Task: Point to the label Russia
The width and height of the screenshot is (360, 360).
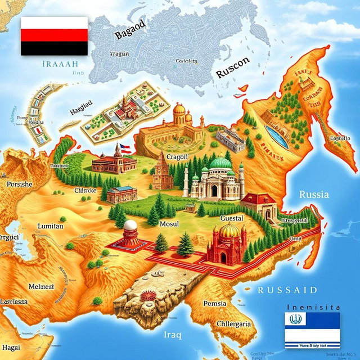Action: pos(314,195)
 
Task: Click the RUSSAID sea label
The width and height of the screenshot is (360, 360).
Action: pos(287,290)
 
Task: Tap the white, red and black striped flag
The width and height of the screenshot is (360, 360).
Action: pos(54,36)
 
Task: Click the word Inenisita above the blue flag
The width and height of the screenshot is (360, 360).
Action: pos(313,307)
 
